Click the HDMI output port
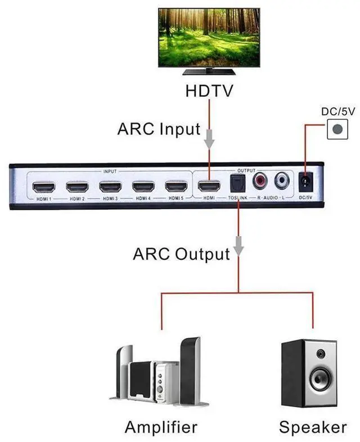click(x=210, y=187)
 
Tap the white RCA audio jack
click(x=282, y=181)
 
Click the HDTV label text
click(x=209, y=90)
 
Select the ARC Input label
click(x=159, y=129)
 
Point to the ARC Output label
click(x=181, y=254)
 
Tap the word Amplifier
click(x=161, y=427)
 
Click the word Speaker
click(x=313, y=427)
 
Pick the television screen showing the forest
click(x=209, y=36)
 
